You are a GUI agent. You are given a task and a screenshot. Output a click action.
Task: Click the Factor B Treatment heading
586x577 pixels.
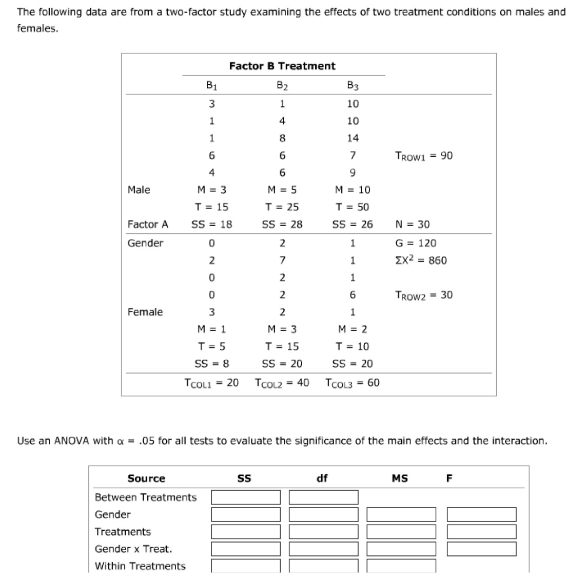[x=282, y=66]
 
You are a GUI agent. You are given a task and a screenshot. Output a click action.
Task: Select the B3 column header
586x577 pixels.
[x=353, y=86]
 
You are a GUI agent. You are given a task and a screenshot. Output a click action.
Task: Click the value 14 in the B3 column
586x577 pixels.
[x=353, y=138]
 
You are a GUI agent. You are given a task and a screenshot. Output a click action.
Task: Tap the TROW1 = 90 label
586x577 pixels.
[x=424, y=156]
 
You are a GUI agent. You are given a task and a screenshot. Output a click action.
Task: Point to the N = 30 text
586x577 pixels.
[x=413, y=224]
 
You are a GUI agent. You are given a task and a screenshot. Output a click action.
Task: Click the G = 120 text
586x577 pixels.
[x=416, y=243]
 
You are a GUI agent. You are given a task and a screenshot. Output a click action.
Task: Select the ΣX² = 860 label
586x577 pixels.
[x=421, y=260]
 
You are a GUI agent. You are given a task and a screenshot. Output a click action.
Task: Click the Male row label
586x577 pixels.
[x=139, y=190]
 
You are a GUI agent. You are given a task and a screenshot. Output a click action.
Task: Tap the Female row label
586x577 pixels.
[x=145, y=312]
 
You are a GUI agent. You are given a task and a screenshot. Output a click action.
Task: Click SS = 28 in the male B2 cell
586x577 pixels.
[x=282, y=224]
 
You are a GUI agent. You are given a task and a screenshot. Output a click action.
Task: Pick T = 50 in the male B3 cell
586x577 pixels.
[x=352, y=207]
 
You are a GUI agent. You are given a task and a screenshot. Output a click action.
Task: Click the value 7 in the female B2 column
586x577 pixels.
[x=282, y=260]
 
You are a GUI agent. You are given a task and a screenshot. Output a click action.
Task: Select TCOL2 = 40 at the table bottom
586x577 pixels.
[x=282, y=383]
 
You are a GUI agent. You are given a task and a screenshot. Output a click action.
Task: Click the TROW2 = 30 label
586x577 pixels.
[x=424, y=295]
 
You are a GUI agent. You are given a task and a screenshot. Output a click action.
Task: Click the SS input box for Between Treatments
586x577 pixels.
[x=246, y=497]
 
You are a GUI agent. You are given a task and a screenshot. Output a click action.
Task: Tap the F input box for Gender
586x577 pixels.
[x=481, y=514]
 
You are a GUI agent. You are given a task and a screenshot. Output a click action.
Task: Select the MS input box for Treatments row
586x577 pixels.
[x=401, y=532]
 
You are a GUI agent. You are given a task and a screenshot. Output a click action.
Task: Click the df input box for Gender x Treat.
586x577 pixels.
[x=323, y=549]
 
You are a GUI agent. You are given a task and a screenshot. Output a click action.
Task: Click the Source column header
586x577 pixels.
[x=146, y=478]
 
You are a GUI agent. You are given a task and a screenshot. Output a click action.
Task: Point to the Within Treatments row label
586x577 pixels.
[x=140, y=566]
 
